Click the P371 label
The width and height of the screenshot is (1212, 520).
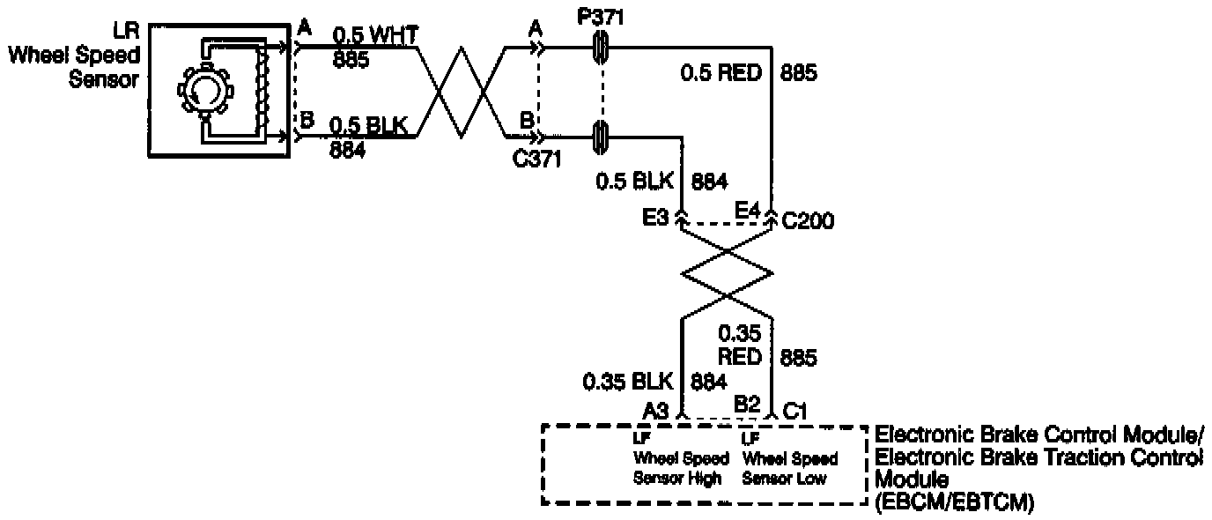601,19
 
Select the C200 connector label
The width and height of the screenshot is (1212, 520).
808,221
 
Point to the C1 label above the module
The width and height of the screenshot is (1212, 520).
796,410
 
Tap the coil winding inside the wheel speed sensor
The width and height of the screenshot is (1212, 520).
260,89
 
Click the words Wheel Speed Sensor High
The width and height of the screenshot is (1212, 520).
681,458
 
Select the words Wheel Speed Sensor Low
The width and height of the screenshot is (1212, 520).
790,458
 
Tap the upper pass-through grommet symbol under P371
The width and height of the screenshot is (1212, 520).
601,48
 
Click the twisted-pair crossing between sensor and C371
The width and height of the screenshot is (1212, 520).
462,93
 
